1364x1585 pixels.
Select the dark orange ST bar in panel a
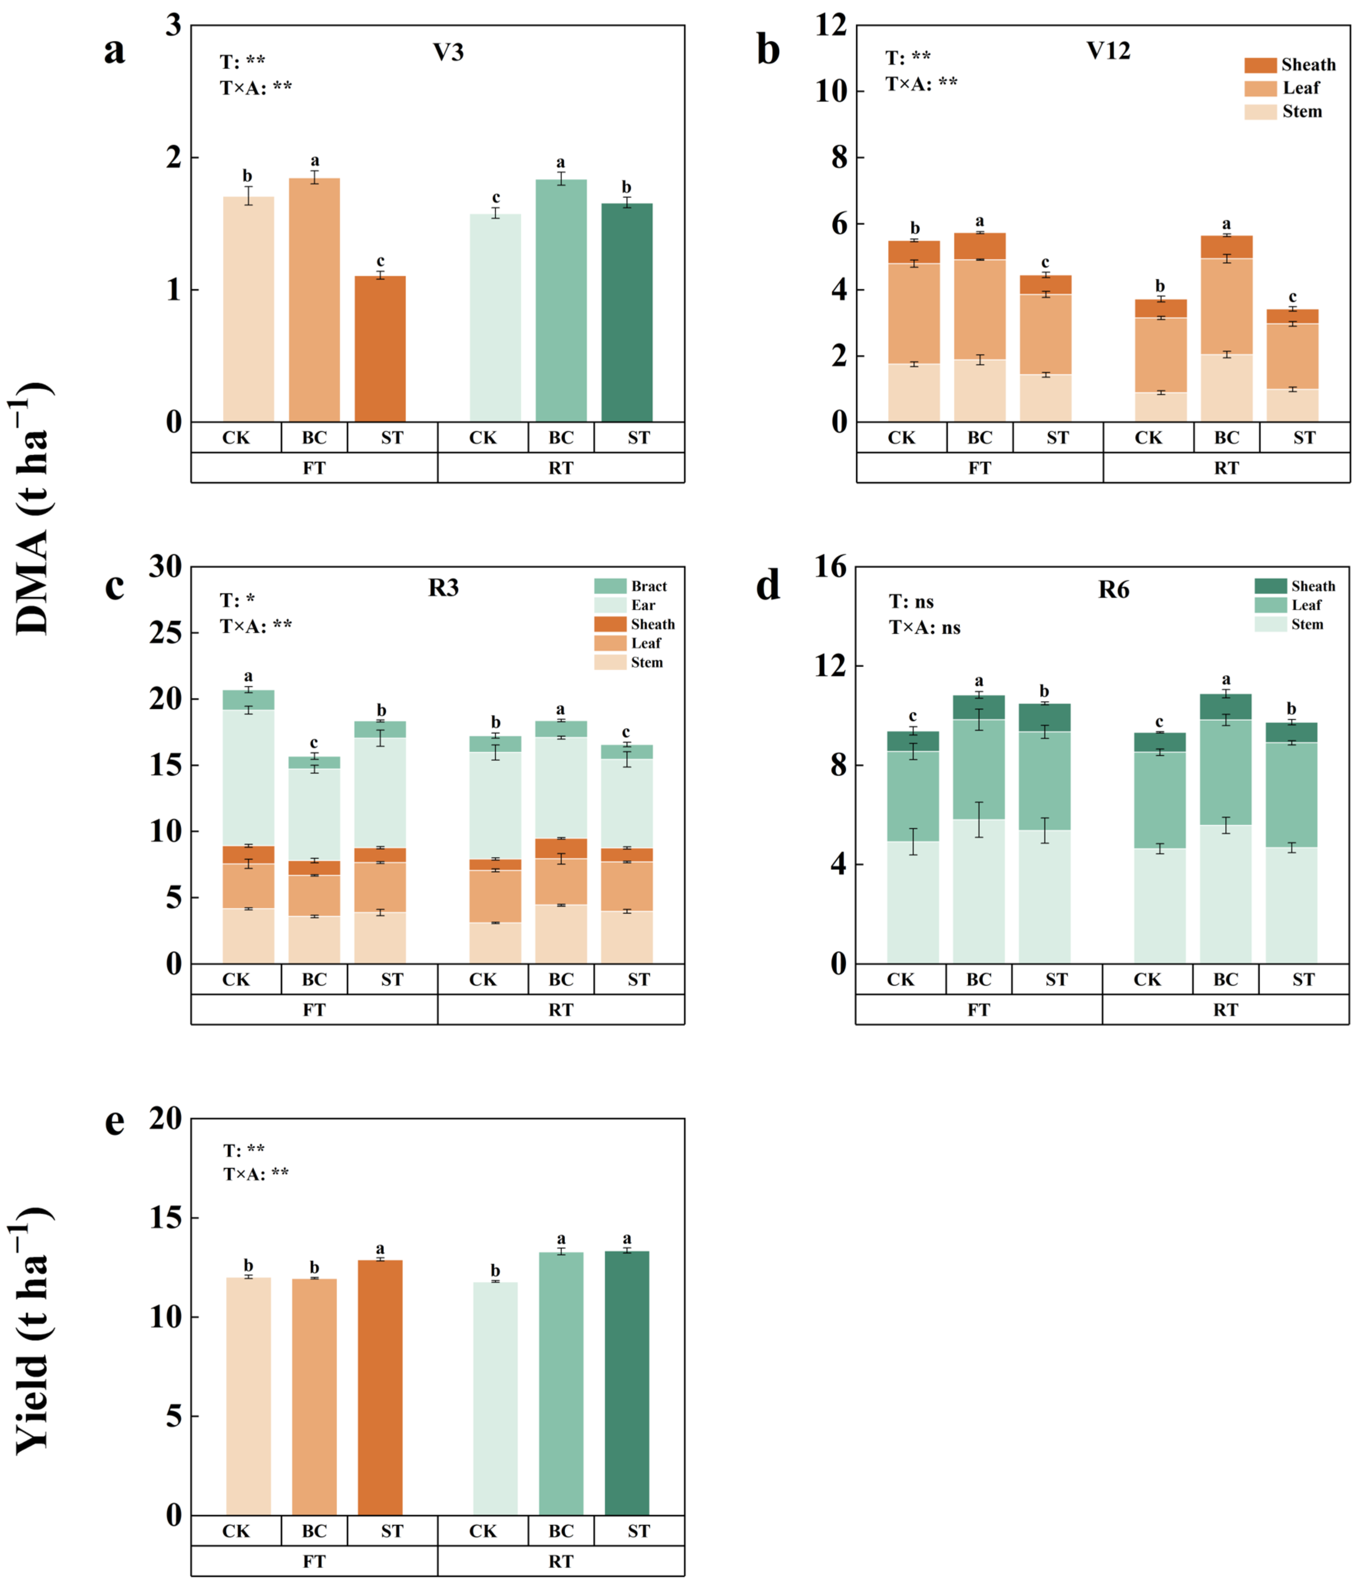pyautogui.click(x=380, y=348)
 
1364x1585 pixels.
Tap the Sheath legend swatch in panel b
pyautogui.click(x=1260, y=65)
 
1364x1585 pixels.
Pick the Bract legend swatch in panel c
pyautogui.click(x=610, y=586)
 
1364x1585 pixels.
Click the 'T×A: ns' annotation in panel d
pyautogui.click(x=924, y=627)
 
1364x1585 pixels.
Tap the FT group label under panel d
pyautogui.click(x=979, y=1010)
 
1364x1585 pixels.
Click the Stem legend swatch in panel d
pyautogui.click(x=1270, y=624)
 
